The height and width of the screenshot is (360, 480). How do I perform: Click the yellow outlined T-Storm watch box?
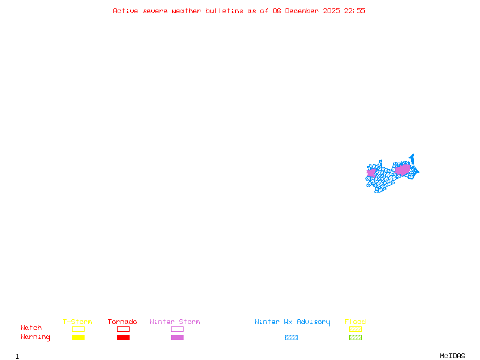point(78,329)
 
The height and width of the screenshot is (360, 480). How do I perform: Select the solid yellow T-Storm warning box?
point(78,337)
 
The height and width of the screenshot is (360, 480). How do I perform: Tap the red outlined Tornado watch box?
point(123,329)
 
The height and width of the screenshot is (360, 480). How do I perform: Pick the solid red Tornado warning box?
point(123,337)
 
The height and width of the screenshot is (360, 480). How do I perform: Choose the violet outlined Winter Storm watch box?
point(177,329)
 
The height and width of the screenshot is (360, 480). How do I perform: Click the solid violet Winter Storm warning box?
point(177,337)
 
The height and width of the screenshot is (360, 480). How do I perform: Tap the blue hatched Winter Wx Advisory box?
point(291,337)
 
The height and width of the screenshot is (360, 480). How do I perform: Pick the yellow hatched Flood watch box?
point(355,329)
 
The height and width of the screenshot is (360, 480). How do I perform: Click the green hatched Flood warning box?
point(355,337)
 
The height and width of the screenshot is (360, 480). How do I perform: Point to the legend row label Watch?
point(31,328)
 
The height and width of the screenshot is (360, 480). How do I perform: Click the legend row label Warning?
point(35,337)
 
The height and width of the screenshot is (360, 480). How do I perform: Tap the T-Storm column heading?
point(77,322)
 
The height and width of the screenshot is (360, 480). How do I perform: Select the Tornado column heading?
point(122,322)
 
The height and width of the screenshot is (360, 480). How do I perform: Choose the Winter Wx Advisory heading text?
point(292,322)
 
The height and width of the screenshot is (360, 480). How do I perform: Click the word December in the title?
point(304,11)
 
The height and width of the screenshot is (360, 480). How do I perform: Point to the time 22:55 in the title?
point(355,11)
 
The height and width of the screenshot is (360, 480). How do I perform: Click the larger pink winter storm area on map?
point(403,170)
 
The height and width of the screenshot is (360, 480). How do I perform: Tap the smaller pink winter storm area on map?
point(371,173)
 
